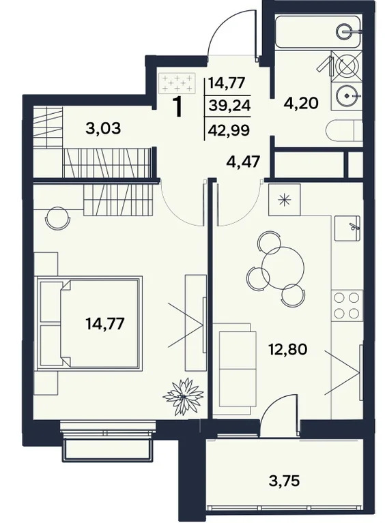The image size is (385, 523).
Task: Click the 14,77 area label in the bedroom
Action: [105, 323]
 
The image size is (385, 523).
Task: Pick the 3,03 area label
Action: [104, 128]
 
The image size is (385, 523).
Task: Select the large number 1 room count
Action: [179, 108]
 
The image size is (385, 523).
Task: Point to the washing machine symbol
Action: [347, 68]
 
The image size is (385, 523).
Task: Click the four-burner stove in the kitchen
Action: [345, 305]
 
